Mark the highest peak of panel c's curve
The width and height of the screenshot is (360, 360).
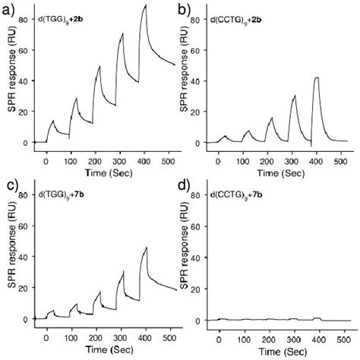click(x=145, y=247)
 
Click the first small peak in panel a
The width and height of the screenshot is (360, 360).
click(x=52, y=120)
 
